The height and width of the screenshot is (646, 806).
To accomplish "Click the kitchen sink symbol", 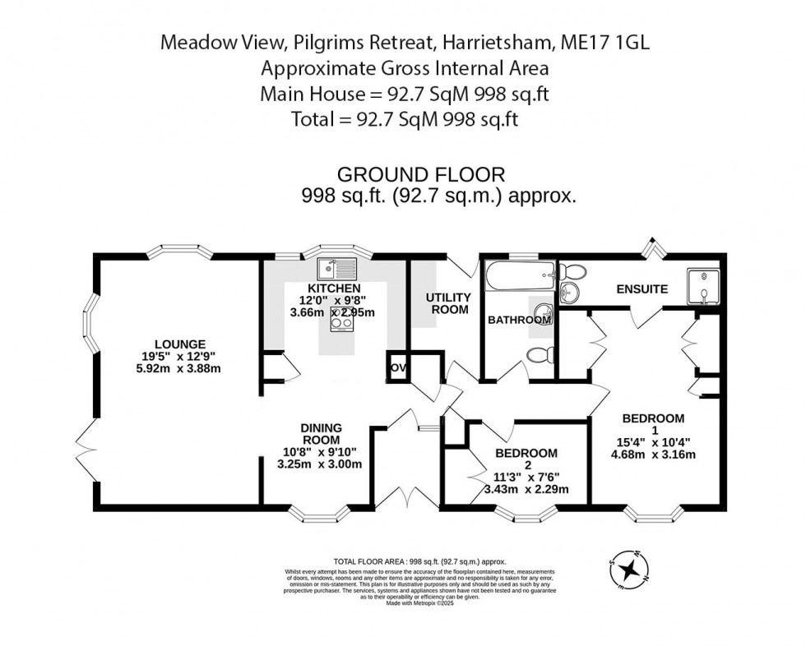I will [337, 268].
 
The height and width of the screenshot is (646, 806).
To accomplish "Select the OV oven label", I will [397, 367].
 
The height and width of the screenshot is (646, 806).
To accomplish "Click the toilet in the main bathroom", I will [538, 356].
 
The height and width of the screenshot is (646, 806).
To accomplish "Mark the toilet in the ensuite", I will [574, 271].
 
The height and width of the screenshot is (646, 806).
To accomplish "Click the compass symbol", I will [629, 569].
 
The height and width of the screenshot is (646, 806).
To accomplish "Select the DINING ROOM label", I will [320, 434].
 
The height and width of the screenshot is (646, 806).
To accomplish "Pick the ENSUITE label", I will [643, 289].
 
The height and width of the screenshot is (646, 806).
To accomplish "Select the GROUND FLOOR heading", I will [421, 174].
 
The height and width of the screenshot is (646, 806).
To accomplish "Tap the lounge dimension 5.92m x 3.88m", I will [180, 368].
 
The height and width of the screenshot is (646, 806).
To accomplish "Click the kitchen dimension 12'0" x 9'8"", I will [333, 300].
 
